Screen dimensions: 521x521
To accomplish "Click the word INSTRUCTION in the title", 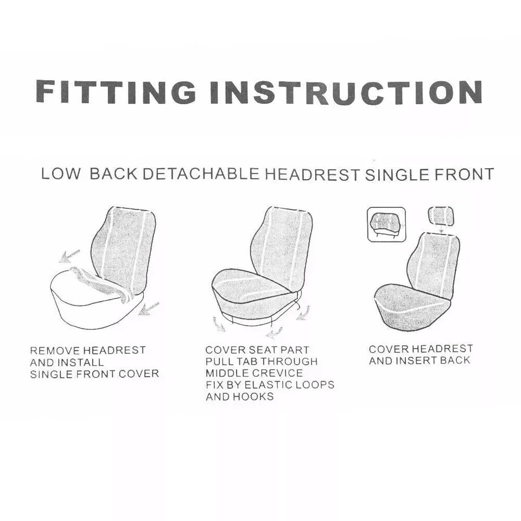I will point(346,92).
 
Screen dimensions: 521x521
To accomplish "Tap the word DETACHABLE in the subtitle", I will point(201,174).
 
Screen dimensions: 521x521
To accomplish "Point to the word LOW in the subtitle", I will point(61,174).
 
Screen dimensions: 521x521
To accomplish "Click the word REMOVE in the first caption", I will point(55,351).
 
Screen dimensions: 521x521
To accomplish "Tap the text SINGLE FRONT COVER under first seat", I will point(94,374).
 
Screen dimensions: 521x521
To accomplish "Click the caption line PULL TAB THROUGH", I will point(261,361).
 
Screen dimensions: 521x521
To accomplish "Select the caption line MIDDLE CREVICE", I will point(254,373).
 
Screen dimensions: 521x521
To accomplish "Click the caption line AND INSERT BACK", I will point(420,360).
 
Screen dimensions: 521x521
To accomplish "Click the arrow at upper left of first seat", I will point(69,254).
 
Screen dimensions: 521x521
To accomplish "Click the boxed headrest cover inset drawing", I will point(386,224).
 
